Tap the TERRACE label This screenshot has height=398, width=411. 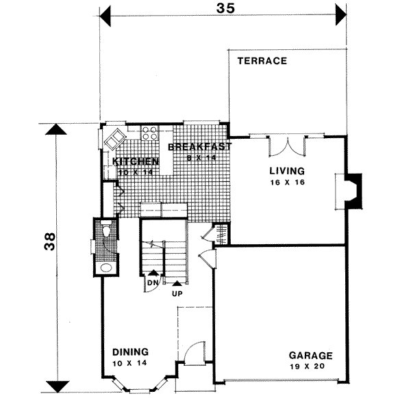coord(262,61)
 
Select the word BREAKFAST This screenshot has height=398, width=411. coord(199,147)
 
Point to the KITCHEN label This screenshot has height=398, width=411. coord(136,161)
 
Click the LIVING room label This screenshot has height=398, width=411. coord(286,171)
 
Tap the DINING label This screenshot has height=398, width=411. coord(130,352)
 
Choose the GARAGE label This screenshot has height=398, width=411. coord(310,356)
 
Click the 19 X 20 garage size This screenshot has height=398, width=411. coord(310,367)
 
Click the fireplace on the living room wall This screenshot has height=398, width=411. coord(351,190)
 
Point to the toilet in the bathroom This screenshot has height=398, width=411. coord(106,233)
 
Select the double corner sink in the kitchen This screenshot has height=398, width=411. coord(114,139)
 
